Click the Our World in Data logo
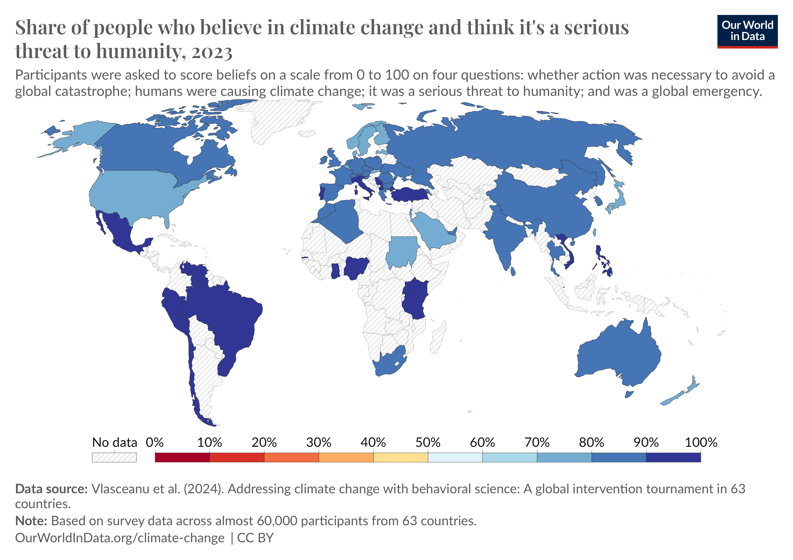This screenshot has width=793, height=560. [747, 31]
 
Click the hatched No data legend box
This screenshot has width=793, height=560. [114, 457]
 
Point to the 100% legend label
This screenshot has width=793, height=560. [701, 443]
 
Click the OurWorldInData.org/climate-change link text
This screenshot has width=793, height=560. [119, 538]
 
